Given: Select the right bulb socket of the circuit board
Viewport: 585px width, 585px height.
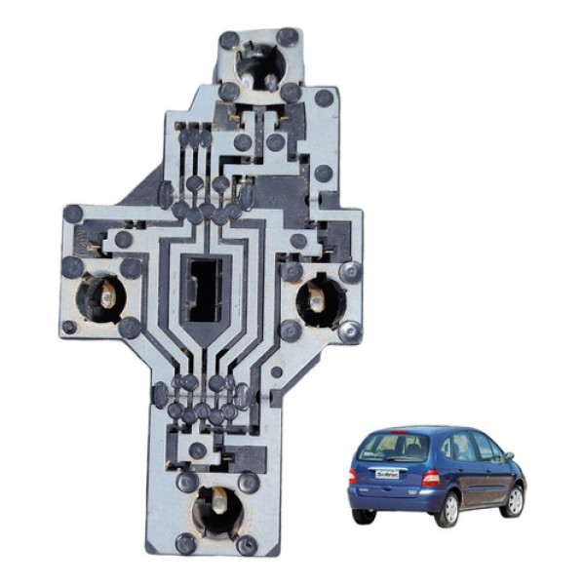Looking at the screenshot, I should tap(317, 296).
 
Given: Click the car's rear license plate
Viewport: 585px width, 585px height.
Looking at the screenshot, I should tap(387, 474).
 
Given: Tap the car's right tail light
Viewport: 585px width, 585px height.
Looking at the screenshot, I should tap(430, 478).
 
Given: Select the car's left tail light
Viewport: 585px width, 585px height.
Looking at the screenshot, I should tap(353, 475).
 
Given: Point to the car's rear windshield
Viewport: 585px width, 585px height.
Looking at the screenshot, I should tap(392, 448).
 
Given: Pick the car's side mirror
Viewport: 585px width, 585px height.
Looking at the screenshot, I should tap(510, 454).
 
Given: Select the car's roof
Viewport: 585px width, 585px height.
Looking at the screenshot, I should tap(429, 428).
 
